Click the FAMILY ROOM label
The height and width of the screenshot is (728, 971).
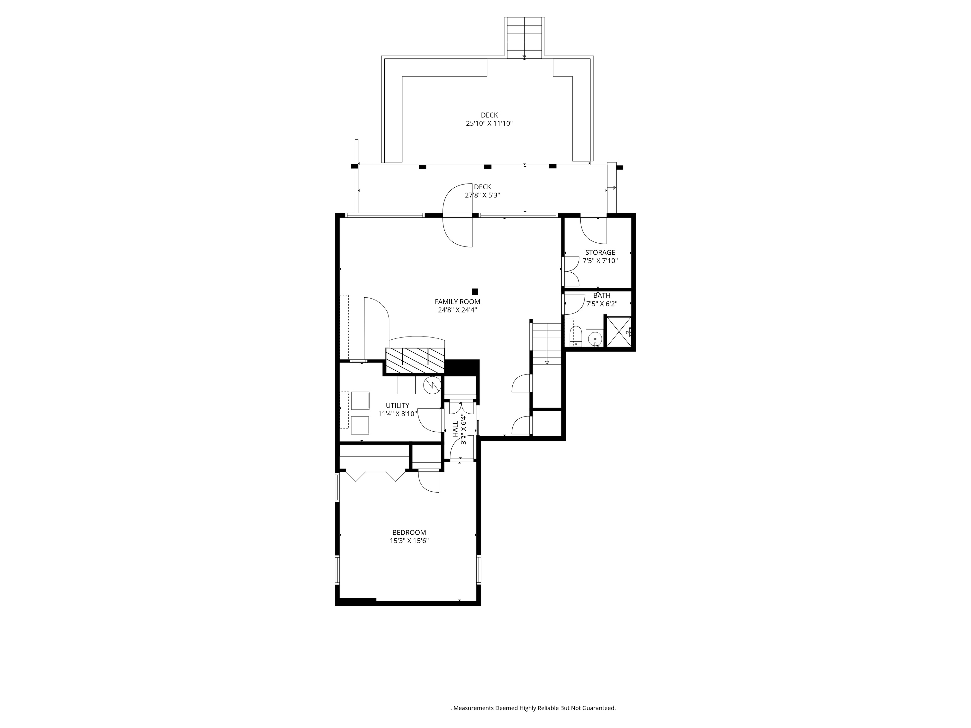coord(457,302)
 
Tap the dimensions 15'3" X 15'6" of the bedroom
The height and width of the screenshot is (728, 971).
coord(409,541)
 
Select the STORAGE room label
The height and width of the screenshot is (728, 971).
coord(600,253)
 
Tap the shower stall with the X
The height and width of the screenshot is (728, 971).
coord(619,331)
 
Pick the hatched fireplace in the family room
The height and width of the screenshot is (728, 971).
coord(415,361)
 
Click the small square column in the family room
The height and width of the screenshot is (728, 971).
coord(474,291)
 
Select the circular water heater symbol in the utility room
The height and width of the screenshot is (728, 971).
coord(431,385)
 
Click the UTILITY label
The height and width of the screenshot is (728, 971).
coord(397,405)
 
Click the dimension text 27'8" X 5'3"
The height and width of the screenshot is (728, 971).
coord(482,195)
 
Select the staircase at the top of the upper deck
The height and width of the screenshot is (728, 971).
coord(525,37)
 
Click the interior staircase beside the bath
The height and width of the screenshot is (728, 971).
coord(547,343)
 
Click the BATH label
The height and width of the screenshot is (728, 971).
coord(602,296)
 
